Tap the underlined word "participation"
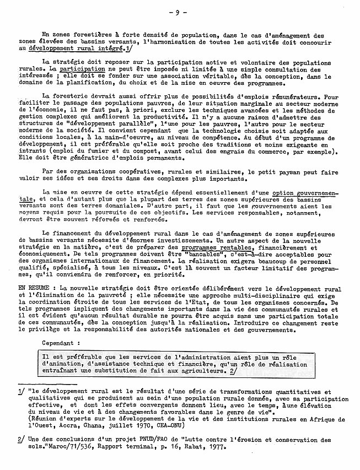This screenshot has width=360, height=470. [x=82, y=70]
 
